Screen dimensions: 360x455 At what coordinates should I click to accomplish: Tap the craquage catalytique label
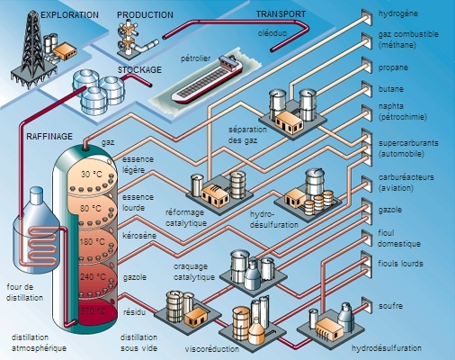(194, 273)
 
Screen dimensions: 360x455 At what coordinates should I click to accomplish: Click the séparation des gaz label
(250, 136)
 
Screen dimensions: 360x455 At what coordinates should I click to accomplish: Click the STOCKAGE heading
(140, 69)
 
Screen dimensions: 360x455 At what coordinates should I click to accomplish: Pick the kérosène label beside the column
(138, 235)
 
